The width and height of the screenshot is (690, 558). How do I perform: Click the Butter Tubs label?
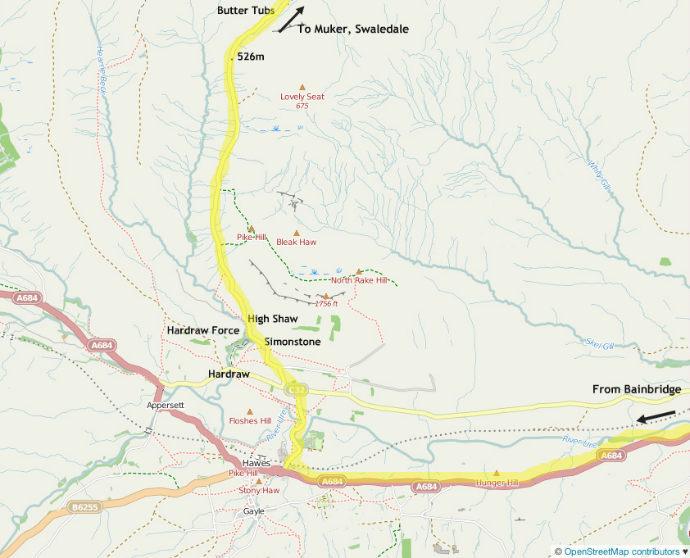point(246,11)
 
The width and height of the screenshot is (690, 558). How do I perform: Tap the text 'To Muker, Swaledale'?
point(352,29)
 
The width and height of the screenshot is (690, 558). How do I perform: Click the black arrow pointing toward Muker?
point(291,20)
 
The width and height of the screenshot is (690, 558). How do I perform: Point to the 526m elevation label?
point(251,57)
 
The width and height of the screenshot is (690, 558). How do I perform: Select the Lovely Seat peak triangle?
point(302,87)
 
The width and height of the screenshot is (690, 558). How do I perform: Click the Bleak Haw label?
point(296,242)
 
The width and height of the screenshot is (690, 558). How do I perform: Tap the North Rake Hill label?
point(358,280)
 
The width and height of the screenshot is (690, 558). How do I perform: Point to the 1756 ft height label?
point(326,304)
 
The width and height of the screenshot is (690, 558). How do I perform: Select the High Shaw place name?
point(272,318)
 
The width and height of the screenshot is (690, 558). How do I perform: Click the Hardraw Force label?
point(202,330)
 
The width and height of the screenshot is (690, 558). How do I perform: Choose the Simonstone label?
point(293,342)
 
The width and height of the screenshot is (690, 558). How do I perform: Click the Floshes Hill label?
point(250,421)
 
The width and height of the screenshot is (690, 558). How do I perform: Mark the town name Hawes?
point(256,463)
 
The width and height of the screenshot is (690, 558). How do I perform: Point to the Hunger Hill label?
point(497,483)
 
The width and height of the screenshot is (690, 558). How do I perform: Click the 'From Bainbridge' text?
point(637,389)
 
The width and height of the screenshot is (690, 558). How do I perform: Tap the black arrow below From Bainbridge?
point(657,417)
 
